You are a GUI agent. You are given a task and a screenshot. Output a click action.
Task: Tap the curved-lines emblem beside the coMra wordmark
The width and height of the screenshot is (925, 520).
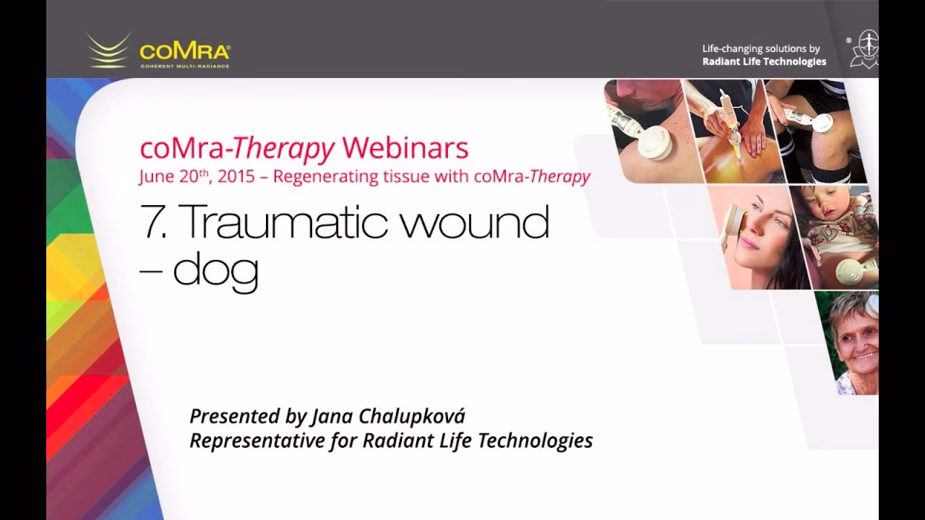(x=108, y=51)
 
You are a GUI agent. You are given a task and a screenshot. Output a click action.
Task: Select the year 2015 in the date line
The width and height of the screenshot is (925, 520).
(x=236, y=176)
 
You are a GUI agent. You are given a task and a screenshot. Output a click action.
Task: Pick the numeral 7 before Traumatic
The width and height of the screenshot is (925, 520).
(x=153, y=222)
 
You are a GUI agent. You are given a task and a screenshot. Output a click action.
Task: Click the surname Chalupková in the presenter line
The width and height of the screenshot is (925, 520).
(x=412, y=417)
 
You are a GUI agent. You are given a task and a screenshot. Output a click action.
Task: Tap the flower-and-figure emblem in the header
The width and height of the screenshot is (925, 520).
(x=864, y=48)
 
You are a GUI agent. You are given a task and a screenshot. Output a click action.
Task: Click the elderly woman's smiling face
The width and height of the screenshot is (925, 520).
(x=856, y=339)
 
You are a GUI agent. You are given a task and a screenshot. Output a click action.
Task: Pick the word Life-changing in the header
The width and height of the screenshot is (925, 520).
(x=731, y=49)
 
